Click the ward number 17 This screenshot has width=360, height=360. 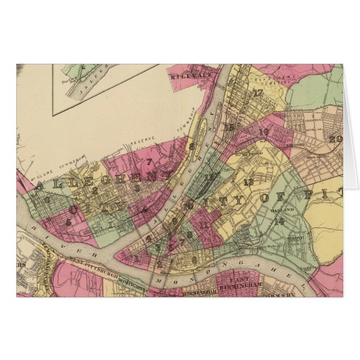(x=258, y=93)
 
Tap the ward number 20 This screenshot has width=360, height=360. (x=335, y=139)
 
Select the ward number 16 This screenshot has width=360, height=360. (x=264, y=132)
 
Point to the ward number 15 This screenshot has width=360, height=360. (x=229, y=127)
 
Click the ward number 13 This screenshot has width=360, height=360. (x=249, y=182)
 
